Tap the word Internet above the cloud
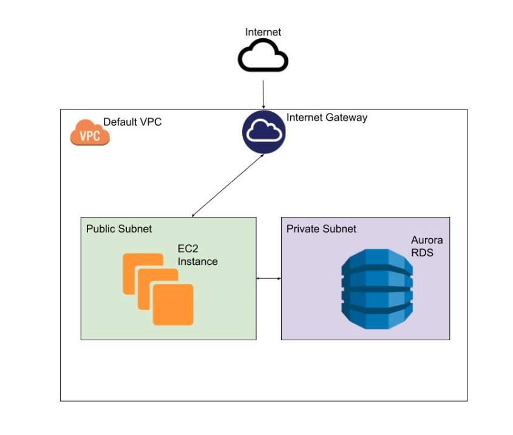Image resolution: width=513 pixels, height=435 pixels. click(x=263, y=32)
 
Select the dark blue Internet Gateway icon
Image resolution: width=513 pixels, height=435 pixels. click(x=263, y=131)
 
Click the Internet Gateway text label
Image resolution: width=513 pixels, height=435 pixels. click(x=327, y=118)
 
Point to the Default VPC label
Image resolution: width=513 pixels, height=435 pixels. click(x=132, y=122)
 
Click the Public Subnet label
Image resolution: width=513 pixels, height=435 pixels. click(x=119, y=229)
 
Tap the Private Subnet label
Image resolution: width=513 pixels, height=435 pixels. click(x=321, y=229)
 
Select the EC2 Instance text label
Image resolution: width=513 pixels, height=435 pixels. click(x=197, y=256)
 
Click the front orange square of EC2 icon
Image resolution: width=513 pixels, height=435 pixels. click(x=173, y=304)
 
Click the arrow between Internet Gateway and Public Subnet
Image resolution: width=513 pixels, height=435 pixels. click(x=228, y=185)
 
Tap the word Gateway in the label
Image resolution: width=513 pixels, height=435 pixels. click(x=347, y=118)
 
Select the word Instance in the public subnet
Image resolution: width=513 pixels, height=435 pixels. click(x=197, y=262)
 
